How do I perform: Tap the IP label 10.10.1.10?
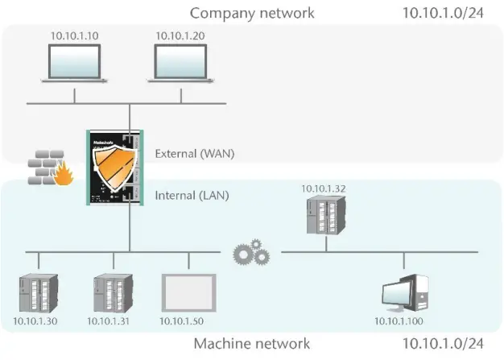pos(74,36)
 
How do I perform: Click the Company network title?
pos(252,13)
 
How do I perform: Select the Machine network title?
pos(252,344)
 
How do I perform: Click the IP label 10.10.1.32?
pos(324,188)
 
